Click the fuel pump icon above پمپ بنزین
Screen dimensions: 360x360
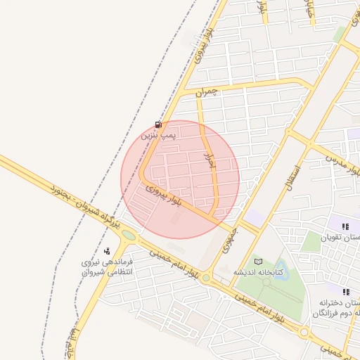click(155, 124)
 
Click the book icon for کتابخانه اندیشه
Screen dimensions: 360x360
click(257, 262)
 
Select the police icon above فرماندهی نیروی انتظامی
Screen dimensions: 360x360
click(106, 251)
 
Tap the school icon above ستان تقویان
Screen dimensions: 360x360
click(345, 226)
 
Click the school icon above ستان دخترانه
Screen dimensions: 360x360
click(345, 291)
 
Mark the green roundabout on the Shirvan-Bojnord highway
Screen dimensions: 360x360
click(128, 235)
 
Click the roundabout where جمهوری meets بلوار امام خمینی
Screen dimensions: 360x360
click(206, 278)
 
